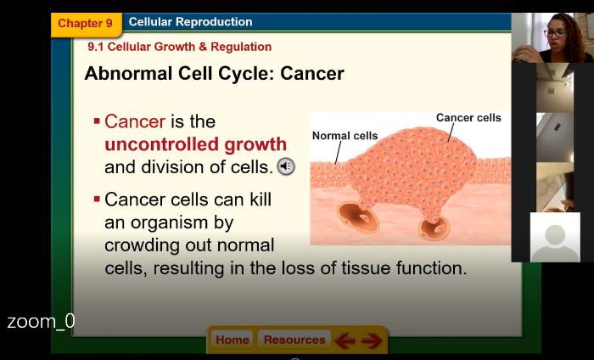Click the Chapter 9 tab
pos(87,25)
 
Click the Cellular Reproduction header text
pos(191,22)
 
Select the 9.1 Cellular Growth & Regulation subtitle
pos(180,47)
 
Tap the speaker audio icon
pos(286,166)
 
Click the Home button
pos(233,340)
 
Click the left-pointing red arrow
pos(345,340)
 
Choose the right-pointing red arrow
pos(372,340)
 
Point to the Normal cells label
pos(345,136)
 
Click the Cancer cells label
pos(468,118)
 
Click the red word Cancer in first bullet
pos(135,121)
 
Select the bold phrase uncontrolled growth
pos(195,144)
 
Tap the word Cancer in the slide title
pos(312,74)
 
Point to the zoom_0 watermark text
pos(41,321)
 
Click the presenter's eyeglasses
pos(555,33)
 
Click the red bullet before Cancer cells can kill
pos(97,199)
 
